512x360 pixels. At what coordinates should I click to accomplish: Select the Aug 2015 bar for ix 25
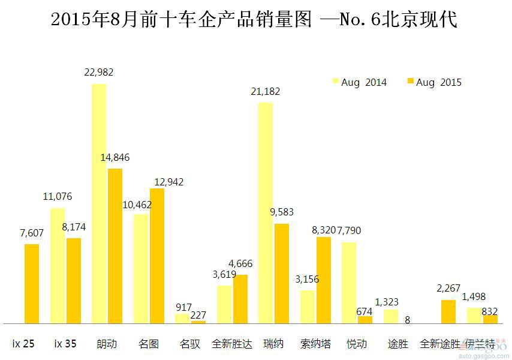(x=32, y=283)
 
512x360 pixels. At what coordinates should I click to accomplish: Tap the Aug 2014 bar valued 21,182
(x=265, y=212)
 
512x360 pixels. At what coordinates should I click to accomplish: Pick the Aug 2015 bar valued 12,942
(x=157, y=256)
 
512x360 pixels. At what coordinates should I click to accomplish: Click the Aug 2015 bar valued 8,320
(x=324, y=280)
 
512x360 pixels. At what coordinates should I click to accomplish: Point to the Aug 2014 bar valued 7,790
(x=349, y=283)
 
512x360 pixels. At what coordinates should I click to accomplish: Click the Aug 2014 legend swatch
(x=336, y=82)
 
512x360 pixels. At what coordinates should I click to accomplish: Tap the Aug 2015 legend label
(x=439, y=82)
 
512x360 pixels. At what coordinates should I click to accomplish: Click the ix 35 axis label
(x=65, y=344)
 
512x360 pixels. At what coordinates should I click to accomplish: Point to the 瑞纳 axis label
(x=273, y=344)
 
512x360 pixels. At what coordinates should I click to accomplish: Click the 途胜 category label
(x=398, y=344)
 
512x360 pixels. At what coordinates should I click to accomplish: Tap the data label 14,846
(x=115, y=158)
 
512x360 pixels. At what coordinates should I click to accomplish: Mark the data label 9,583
(x=281, y=213)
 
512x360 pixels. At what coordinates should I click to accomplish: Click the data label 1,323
(x=387, y=302)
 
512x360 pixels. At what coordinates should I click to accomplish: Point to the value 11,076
(x=58, y=197)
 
